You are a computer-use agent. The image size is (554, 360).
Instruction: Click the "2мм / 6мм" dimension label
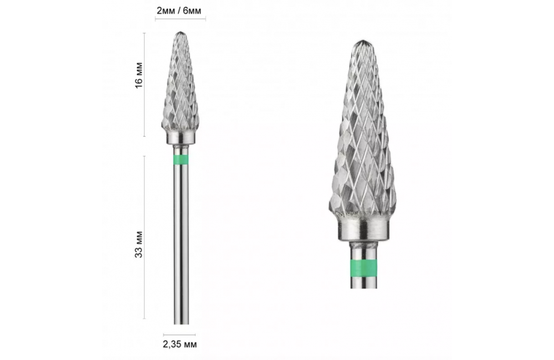click(x=179, y=11)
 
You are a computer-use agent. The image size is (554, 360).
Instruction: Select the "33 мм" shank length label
click(x=139, y=244)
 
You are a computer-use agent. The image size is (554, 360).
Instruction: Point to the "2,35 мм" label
click(x=180, y=344)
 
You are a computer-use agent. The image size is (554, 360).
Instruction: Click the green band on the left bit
click(x=181, y=160)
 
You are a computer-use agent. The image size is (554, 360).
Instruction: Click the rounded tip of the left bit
click(x=181, y=33)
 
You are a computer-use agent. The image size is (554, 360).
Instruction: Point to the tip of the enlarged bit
click(x=363, y=42)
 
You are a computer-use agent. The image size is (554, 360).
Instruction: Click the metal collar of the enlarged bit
click(x=363, y=228)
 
